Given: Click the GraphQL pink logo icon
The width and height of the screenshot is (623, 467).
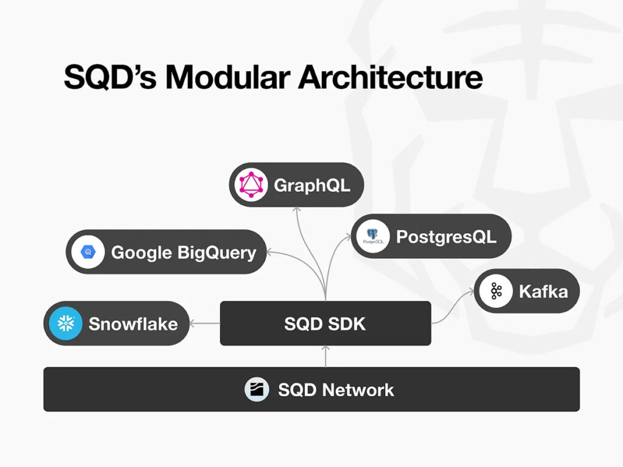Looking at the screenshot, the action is (x=251, y=184).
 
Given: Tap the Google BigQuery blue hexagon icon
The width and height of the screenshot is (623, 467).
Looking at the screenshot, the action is (x=88, y=252).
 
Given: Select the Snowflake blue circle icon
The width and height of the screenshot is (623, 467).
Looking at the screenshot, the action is (x=66, y=323).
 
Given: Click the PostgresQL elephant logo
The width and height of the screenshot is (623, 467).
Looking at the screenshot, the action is (x=373, y=236).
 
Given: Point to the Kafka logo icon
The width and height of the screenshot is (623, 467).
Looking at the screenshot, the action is (x=496, y=291).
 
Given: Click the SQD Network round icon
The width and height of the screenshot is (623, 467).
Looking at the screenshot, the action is (x=257, y=390).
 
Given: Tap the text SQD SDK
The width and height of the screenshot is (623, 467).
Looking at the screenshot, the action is (x=325, y=324).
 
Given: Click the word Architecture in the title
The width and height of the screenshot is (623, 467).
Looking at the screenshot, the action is (x=390, y=77).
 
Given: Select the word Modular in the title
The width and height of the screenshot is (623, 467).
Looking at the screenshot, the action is (x=228, y=77).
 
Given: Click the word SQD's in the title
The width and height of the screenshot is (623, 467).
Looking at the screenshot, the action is (x=110, y=77).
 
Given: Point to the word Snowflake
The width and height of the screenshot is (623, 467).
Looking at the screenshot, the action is (x=133, y=324).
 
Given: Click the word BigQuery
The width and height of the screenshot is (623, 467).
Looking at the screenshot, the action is (x=217, y=253).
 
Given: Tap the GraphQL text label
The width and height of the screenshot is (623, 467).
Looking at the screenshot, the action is (x=312, y=185).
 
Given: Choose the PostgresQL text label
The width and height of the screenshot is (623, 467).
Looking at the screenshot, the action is (x=446, y=237).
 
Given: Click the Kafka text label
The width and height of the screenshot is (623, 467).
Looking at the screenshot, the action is (x=543, y=292).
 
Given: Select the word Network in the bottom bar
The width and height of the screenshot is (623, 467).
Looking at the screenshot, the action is (x=358, y=390).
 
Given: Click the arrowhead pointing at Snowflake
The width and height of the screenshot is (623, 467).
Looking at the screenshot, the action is (x=192, y=323).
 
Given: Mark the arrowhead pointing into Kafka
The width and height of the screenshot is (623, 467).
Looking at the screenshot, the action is (x=471, y=292).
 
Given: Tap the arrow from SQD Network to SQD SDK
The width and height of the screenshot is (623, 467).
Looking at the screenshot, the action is (x=325, y=356).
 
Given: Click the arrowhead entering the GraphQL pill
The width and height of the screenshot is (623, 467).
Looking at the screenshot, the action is (x=296, y=209).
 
